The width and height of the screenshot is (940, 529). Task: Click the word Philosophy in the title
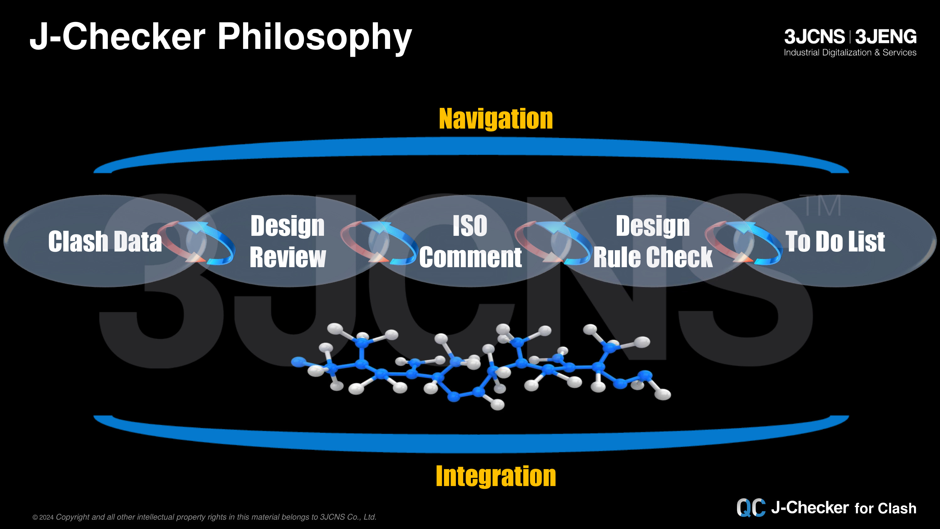click(x=315, y=37)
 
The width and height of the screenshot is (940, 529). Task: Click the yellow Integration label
click(x=496, y=476)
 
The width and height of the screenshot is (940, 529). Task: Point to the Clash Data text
click(x=105, y=241)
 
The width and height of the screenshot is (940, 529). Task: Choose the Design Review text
click(x=288, y=242)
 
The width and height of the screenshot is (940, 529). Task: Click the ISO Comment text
click(x=470, y=242)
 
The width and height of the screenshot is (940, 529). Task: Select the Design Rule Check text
click(x=653, y=242)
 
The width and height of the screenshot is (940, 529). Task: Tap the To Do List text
click(x=835, y=241)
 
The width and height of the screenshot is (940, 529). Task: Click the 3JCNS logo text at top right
click(x=814, y=36)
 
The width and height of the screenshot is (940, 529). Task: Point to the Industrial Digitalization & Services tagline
click(x=850, y=53)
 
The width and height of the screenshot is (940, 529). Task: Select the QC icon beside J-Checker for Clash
click(x=751, y=508)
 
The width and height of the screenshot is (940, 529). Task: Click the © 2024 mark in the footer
click(x=43, y=517)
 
